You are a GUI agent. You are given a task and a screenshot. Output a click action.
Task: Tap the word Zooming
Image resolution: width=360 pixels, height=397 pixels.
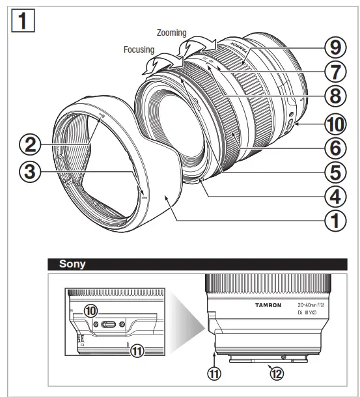[172, 32]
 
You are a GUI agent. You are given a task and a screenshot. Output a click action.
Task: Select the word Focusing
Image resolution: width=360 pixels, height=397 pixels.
[138, 48]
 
